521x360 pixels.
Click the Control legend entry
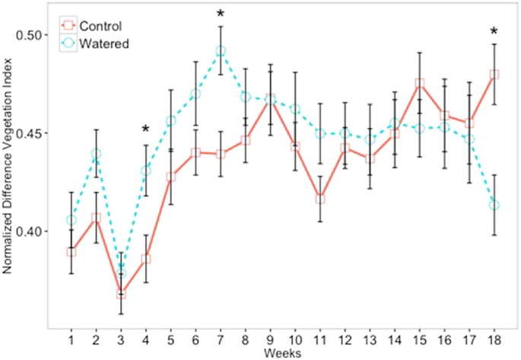point(95,27)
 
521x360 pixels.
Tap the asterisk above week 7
point(221,14)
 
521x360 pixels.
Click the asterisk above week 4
point(146,130)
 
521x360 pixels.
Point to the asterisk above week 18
point(494,32)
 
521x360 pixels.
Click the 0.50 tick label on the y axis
point(33,35)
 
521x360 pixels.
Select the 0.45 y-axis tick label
point(33,133)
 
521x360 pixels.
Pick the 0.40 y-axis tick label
point(33,231)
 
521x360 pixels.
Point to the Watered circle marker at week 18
point(494,205)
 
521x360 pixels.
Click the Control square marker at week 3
point(121,293)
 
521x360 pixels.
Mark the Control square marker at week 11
point(320,199)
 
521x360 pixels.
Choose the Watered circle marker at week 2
point(96,155)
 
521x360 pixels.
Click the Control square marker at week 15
point(420,84)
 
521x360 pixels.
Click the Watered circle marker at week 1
point(71,221)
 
